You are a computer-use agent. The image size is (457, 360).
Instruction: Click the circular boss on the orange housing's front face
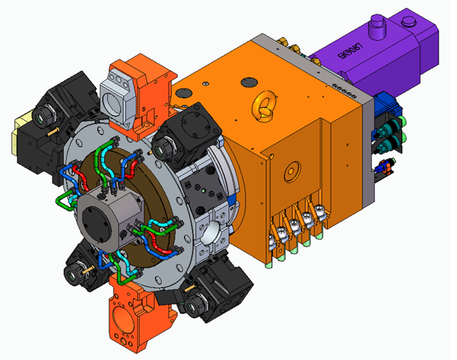pos(291,168)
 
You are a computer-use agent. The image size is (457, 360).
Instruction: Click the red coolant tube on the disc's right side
pos(160,244)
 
